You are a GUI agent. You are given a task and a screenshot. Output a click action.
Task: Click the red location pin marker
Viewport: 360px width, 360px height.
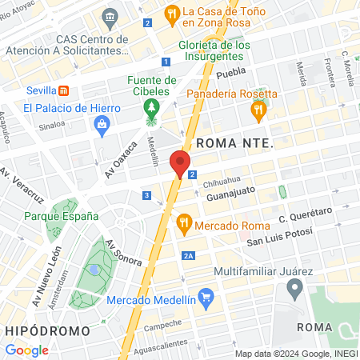[x=180, y=162]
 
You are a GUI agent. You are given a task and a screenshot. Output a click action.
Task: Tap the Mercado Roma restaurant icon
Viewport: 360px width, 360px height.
[x=184, y=222]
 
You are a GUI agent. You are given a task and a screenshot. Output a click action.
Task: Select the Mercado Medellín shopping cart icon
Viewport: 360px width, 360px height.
[x=206, y=301]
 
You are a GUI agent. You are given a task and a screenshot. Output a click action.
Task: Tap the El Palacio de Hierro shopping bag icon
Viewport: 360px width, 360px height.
[x=102, y=123]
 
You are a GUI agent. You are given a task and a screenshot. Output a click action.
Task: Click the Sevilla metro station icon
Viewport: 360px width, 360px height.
[x=64, y=91]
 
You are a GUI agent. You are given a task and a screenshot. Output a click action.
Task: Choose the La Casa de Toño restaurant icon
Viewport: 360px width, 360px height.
[x=170, y=13]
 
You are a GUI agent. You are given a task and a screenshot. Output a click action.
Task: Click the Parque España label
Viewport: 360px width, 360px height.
[x=62, y=216]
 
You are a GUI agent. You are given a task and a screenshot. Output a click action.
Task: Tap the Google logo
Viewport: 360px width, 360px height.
[x=26, y=350]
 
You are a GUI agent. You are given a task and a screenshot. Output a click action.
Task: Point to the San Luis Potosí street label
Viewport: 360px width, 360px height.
[x=277, y=241]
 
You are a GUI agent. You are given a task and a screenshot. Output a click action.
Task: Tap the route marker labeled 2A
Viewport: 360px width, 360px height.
[x=189, y=255]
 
